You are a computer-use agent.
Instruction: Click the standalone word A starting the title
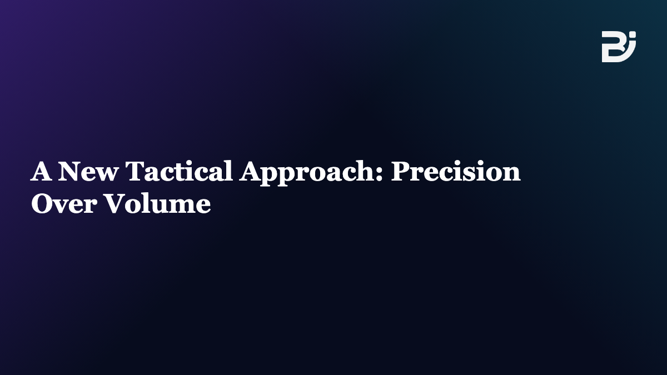click(x=41, y=171)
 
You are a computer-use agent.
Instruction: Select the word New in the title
click(x=88, y=171)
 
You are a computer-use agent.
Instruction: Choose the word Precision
click(x=456, y=171)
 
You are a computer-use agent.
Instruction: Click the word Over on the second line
click(x=64, y=203)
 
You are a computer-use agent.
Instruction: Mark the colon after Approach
click(x=379, y=174)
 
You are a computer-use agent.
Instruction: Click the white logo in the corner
click(x=619, y=47)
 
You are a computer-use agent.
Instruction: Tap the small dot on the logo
click(x=633, y=34)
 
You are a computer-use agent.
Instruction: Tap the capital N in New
click(x=69, y=171)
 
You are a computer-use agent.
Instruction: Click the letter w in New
click(x=107, y=174)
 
